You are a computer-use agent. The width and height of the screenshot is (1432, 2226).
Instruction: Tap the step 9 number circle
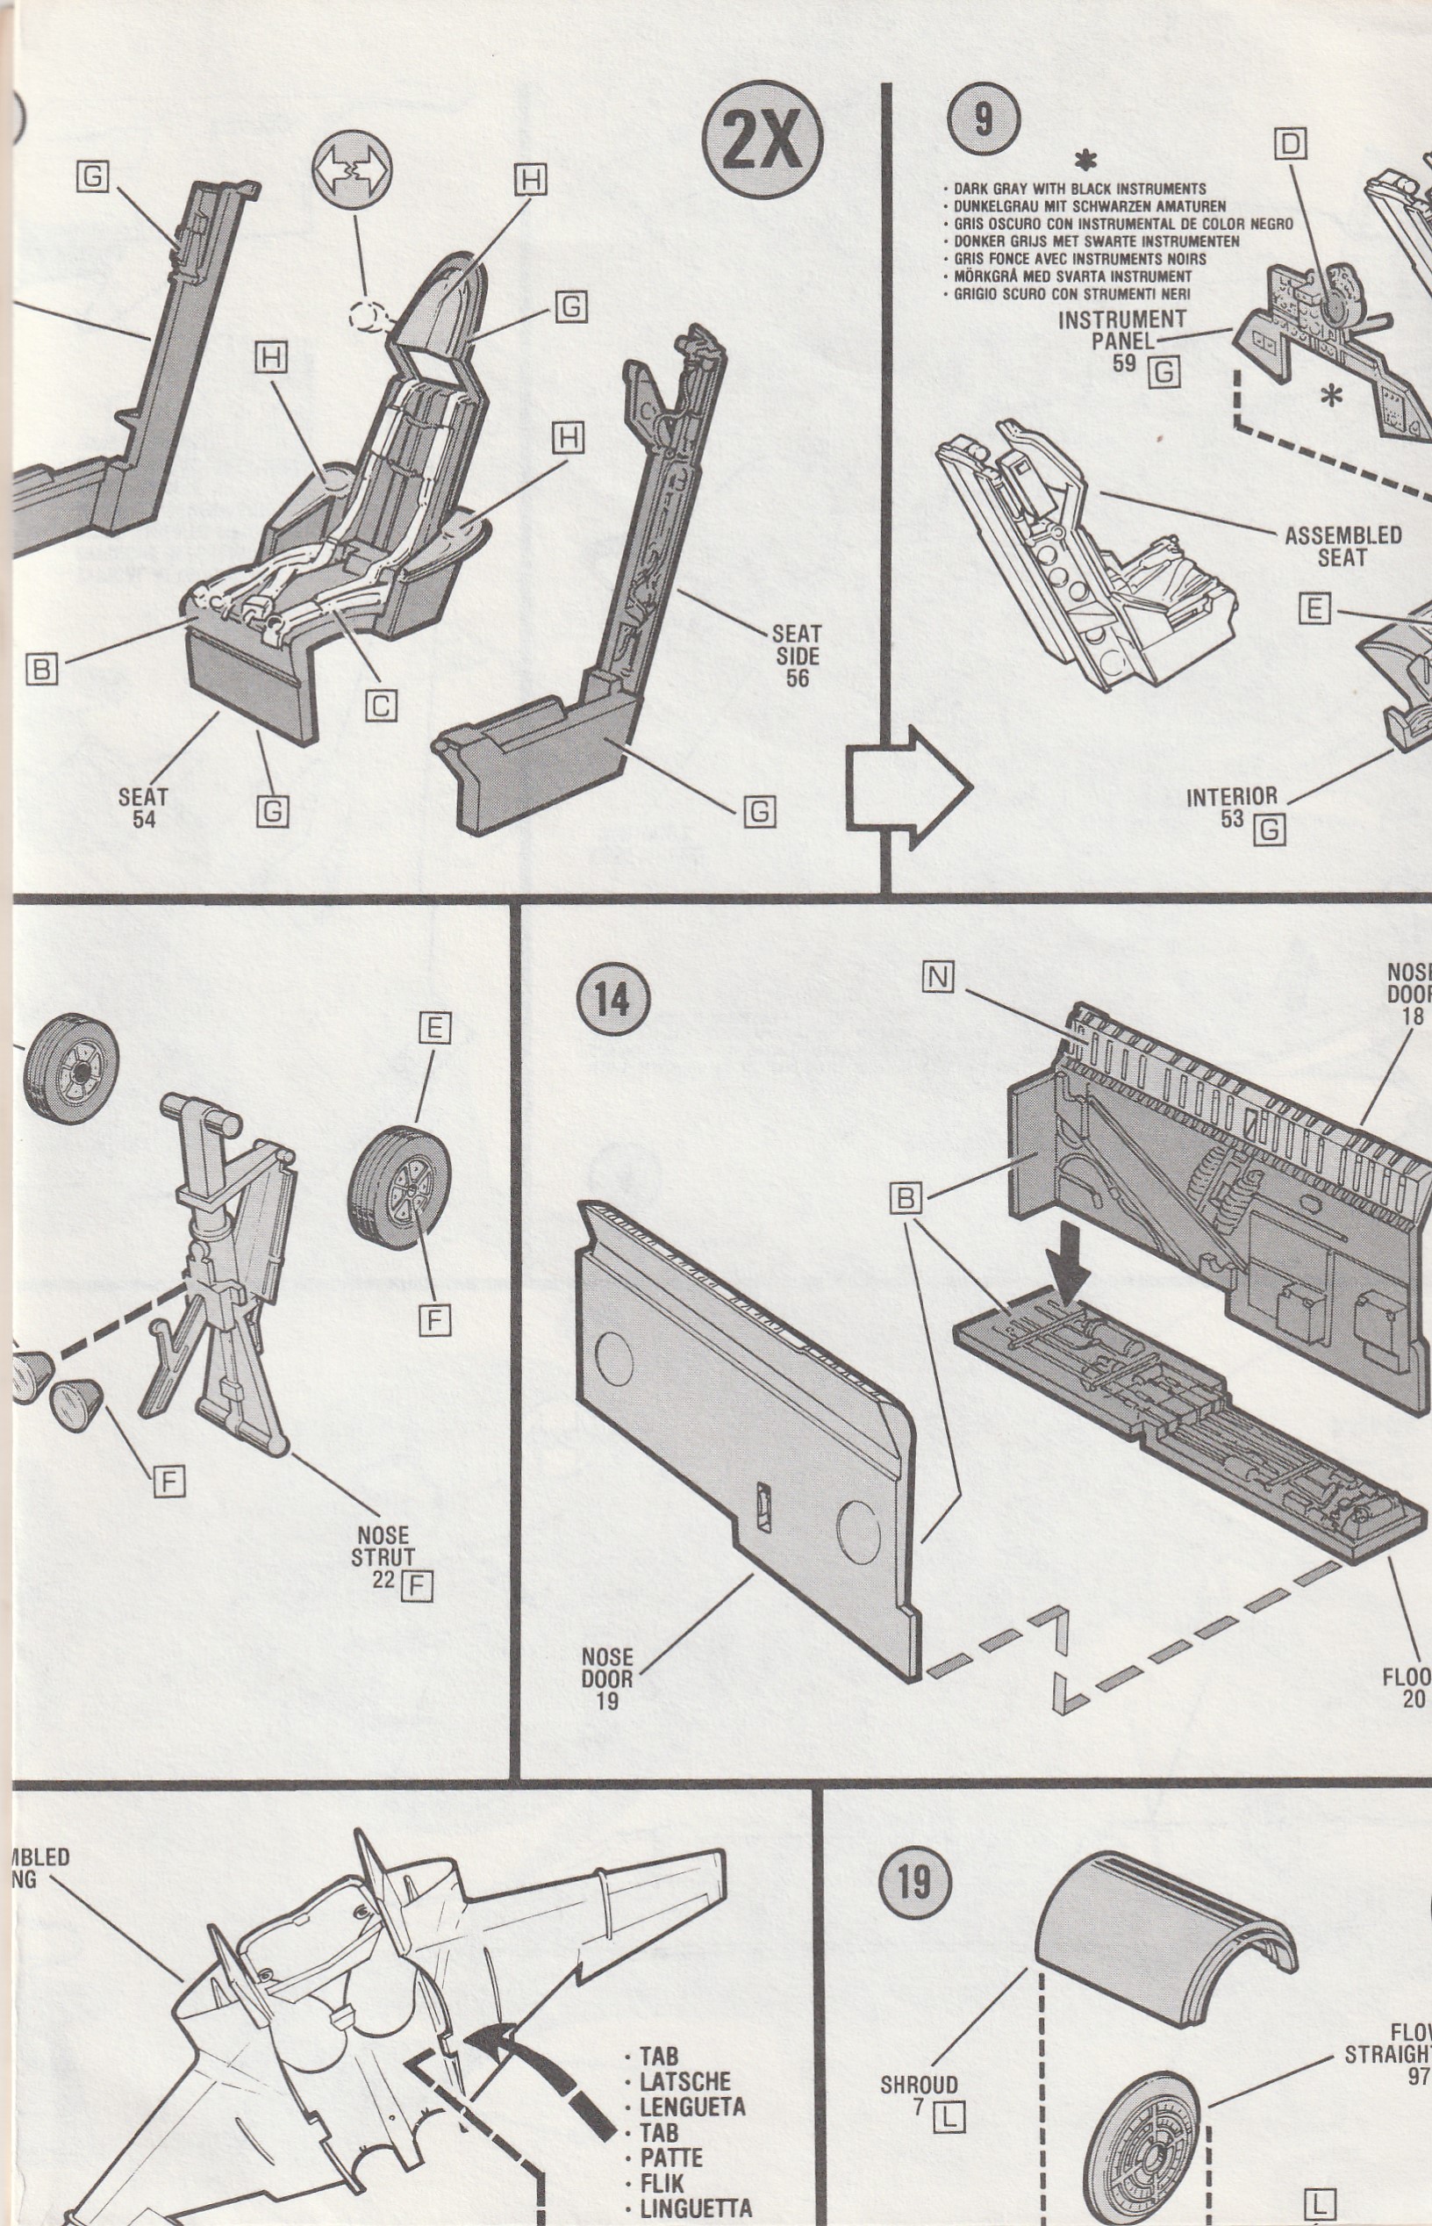[x=983, y=120]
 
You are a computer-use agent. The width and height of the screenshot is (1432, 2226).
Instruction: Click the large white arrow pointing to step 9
[x=907, y=787]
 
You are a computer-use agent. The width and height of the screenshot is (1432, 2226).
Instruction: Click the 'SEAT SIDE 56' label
[x=797, y=656]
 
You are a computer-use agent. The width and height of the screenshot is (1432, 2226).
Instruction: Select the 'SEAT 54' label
[x=143, y=808]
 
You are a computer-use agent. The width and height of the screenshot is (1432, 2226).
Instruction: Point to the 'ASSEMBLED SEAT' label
[x=1342, y=546]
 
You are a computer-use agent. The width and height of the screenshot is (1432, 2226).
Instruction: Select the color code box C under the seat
[x=380, y=706]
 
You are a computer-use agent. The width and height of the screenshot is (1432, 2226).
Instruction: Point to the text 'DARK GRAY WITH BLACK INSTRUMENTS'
[x=1079, y=189]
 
